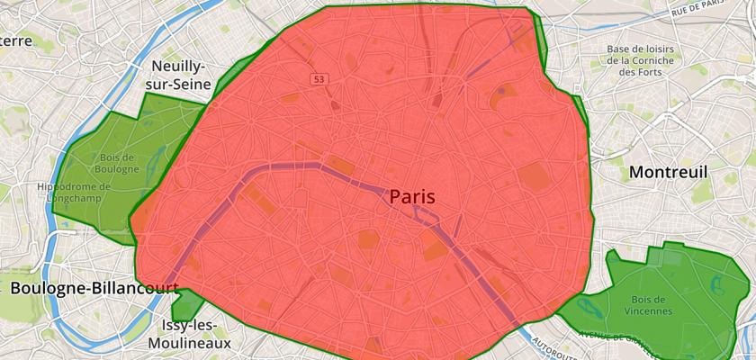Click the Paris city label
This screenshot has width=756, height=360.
click(412, 196)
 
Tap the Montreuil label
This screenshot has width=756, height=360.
click(669, 171)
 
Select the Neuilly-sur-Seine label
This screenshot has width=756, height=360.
click(180, 76)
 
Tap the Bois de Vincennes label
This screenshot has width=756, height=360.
click(646, 305)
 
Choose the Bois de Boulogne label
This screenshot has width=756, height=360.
click(114, 163)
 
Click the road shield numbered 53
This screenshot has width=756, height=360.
click(319, 80)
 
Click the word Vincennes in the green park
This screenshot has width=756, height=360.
click(646, 311)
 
